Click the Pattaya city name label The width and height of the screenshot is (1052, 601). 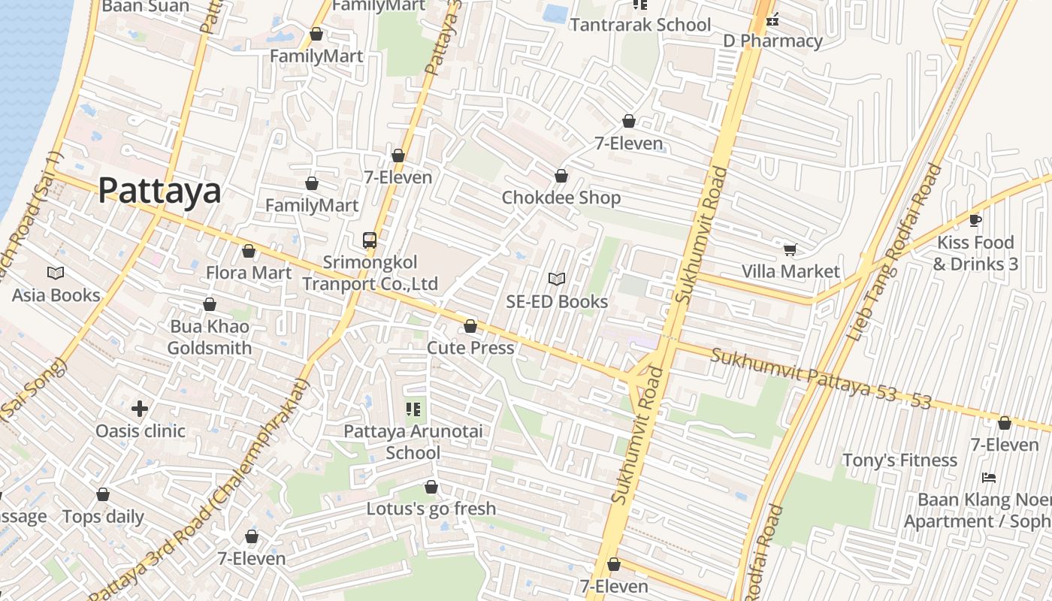point(159,191)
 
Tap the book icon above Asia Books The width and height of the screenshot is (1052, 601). point(56,273)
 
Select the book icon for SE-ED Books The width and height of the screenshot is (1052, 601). point(556,279)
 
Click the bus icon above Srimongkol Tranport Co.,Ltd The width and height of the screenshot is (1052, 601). point(370,240)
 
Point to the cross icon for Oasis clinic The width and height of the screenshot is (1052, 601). point(140,409)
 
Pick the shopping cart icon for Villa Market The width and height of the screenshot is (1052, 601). point(790,249)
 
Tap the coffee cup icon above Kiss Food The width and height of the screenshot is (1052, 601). point(975,220)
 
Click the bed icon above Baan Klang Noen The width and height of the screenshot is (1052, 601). point(989,477)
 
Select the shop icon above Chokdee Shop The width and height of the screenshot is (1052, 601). point(561,176)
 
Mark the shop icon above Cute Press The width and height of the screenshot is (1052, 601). point(470,326)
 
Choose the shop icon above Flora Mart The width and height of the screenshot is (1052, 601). point(249,251)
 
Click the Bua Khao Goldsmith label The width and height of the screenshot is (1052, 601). point(209,337)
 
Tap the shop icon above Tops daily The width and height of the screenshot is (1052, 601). point(103,495)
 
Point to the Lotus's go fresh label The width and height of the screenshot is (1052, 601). point(431,509)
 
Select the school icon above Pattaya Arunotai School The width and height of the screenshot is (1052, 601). point(413,409)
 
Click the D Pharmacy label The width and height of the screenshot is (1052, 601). point(772,41)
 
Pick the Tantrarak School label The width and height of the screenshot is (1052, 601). point(640,25)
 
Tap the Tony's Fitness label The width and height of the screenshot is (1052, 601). point(899,460)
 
